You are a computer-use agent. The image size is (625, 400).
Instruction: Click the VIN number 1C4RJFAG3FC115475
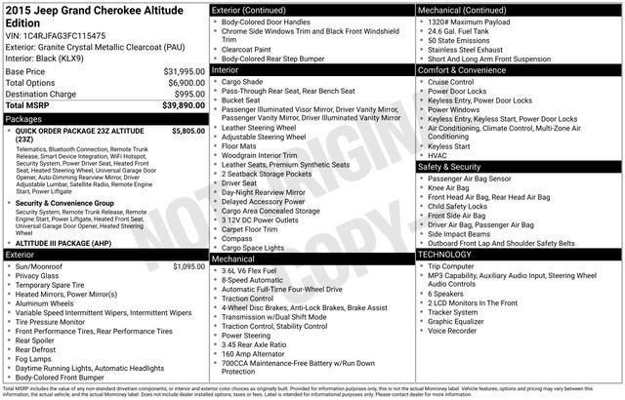coord(66,35)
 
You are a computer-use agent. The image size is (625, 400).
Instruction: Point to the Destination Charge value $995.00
coord(184,95)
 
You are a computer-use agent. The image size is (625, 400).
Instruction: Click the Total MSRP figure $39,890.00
coord(178,105)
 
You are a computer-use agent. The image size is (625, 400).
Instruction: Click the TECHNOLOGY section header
coord(448,254)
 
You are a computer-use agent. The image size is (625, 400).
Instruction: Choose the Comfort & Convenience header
coord(465,71)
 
